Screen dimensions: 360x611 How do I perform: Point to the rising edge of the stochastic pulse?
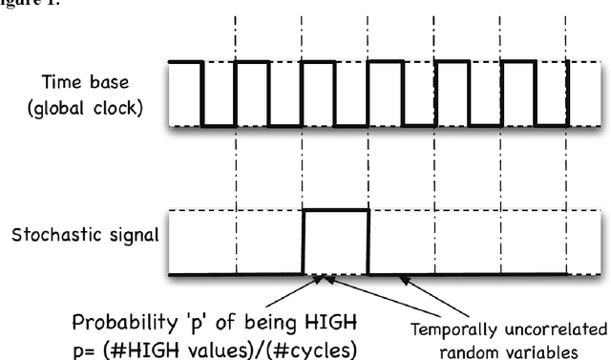304,242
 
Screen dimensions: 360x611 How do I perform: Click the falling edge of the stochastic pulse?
369,242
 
